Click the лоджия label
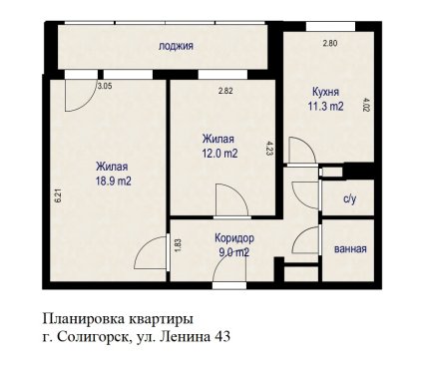click(176, 46)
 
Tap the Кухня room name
click(325, 92)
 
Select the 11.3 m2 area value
click(325, 107)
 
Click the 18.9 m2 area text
click(113, 181)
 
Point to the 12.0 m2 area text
click(219, 154)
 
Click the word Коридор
click(234, 238)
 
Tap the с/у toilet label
click(349, 199)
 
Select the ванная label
click(350, 249)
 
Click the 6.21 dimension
click(59, 195)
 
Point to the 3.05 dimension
click(105, 86)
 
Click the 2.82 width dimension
click(225, 91)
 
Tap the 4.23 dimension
click(269, 148)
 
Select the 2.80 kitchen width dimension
click(330, 43)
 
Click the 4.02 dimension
click(366, 105)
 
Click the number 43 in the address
click(222, 337)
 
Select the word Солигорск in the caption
click(94, 337)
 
